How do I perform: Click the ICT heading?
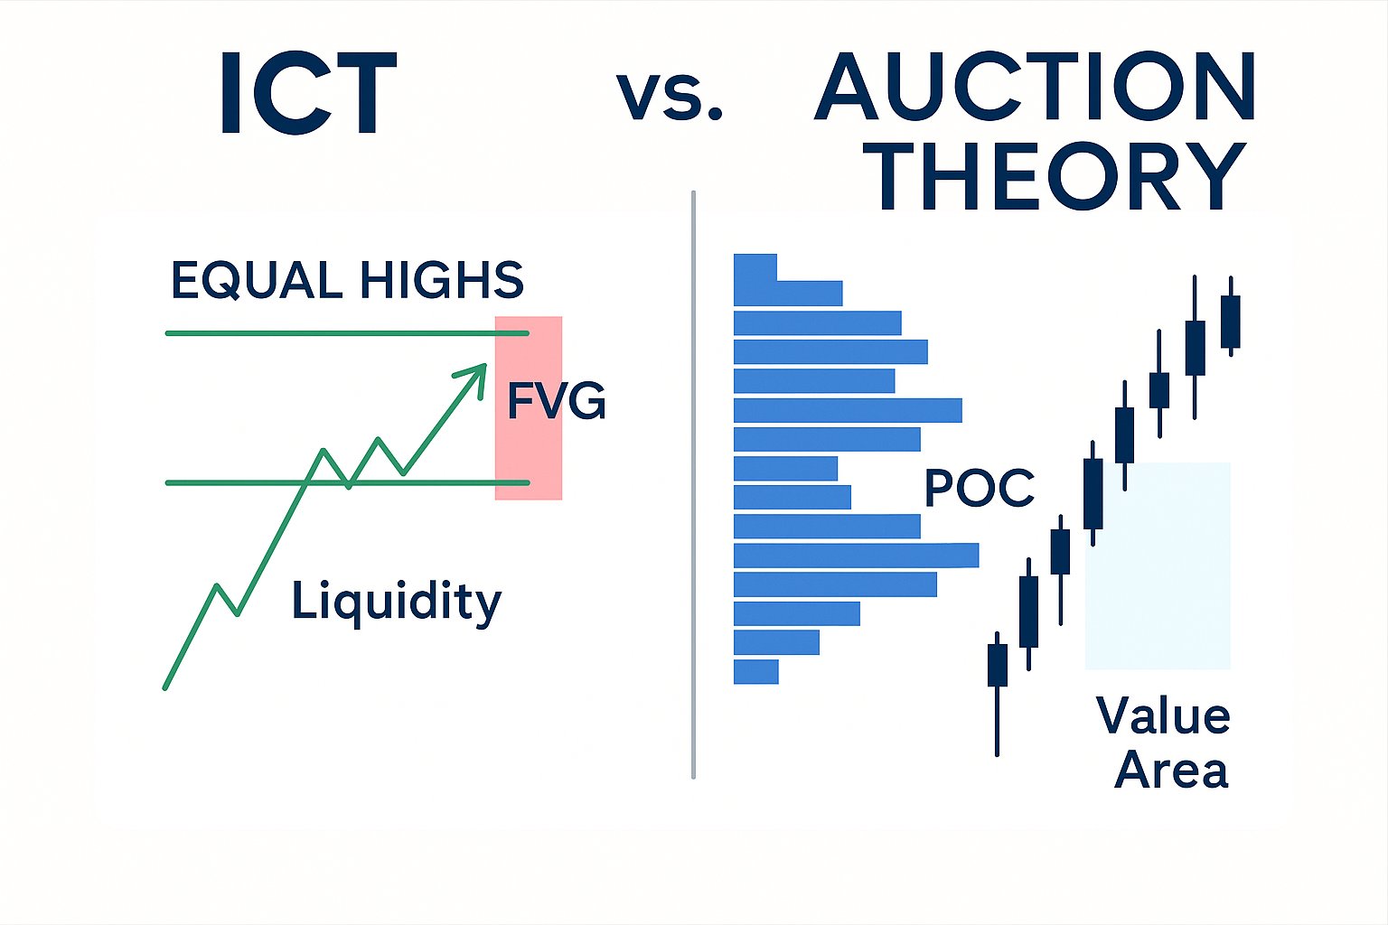(308, 93)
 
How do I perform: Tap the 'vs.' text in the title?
(670, 97)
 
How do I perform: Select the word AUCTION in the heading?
(1035, 86)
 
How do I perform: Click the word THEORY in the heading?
(1060, 175)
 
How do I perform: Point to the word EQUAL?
(257, 281)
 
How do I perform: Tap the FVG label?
(556, 401)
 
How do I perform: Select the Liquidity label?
(396, 601)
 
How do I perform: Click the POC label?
(979, 488)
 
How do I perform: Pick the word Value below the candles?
(1163, 715)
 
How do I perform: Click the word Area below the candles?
(1170, 770)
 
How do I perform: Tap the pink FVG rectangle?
(529, 407)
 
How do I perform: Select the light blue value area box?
(1158, 565)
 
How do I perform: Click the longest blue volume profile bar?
(857, 556)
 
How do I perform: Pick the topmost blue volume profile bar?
(755, 267)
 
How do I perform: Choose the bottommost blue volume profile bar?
(756, 671)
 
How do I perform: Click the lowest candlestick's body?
(997, 665)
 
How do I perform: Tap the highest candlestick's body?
(1231, 322)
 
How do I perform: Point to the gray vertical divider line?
(693, 484)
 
